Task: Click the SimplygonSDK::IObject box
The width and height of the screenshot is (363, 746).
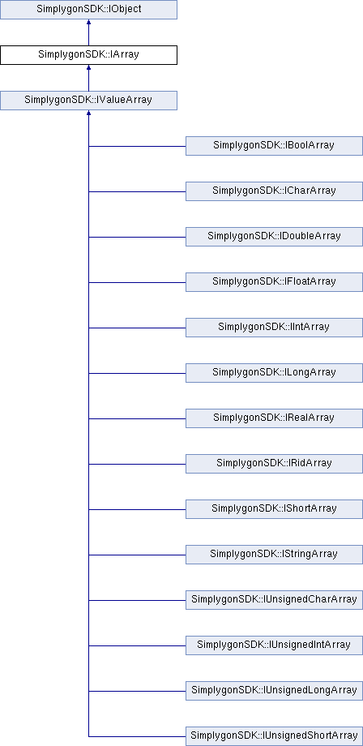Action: click(88, 10)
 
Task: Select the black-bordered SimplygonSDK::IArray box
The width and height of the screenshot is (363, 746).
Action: click(88, 54)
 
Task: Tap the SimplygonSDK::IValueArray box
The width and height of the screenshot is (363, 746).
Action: click(88, 101)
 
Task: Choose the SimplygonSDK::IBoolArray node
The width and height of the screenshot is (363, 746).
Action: click(274, 146)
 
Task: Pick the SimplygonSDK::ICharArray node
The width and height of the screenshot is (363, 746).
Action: click(274, 191)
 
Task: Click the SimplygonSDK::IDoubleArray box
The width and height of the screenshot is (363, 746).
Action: click(274, 237)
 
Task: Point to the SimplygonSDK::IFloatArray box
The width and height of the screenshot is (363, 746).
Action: click(274, 282)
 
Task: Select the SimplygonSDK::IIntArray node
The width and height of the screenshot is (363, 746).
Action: click(274, 328)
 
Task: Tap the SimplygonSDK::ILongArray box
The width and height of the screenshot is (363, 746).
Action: click(274, 372)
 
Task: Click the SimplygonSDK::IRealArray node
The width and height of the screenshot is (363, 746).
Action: click(274, 418)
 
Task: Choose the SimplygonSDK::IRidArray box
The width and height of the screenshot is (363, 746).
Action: click(274, 463)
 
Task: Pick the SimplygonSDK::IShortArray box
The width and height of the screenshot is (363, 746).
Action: click(274, 509)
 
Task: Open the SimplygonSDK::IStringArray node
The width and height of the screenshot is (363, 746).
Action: click(274, 555)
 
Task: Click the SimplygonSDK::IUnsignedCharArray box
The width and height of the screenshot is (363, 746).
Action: click(274, 600)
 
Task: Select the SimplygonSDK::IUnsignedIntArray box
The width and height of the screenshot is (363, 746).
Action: click(274, 645)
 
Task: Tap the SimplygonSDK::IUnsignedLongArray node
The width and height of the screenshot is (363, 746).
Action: click(274, 690)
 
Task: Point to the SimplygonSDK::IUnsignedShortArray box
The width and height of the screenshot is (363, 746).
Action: click(274, 736)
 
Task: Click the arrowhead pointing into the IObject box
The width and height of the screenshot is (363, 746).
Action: click(88, 22)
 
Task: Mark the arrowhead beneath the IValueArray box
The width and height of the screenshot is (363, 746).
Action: click(88, 113)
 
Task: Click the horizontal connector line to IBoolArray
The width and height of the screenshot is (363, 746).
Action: click(137, 146)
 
